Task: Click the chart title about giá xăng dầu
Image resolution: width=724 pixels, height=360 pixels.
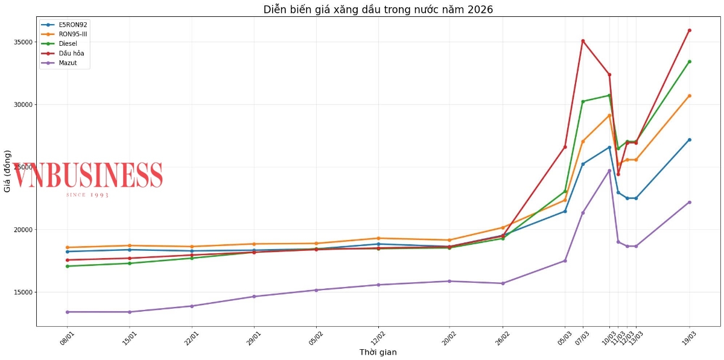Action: coord(378,9)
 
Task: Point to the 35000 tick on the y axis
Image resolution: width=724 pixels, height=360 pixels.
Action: coord(24,42)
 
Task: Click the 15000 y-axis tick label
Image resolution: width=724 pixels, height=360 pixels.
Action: coord(24,292)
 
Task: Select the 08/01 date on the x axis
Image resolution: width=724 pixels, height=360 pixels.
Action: coord(67,335)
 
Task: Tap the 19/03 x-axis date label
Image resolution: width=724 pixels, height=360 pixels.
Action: coord(689,335)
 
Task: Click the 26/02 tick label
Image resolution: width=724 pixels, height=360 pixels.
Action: coord(503,335)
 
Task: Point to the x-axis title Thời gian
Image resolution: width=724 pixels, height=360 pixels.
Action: coord(378,352)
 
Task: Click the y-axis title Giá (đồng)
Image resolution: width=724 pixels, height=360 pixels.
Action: coord(7,175)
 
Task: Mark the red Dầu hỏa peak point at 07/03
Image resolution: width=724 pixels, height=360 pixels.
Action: coord(583,41)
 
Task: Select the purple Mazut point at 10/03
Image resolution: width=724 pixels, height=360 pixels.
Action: coord(609,171)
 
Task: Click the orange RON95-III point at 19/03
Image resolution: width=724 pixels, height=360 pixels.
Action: coord(690,96)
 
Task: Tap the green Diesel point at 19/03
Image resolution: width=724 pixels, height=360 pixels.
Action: coord(690,62)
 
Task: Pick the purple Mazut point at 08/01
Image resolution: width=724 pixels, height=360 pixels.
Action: coord(68,312)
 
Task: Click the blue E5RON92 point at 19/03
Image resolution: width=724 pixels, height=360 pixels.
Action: coord(690,140)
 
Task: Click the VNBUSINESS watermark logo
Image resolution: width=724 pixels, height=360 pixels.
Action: coord(88,175)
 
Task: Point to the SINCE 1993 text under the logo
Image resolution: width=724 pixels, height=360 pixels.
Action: coord(87,195)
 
